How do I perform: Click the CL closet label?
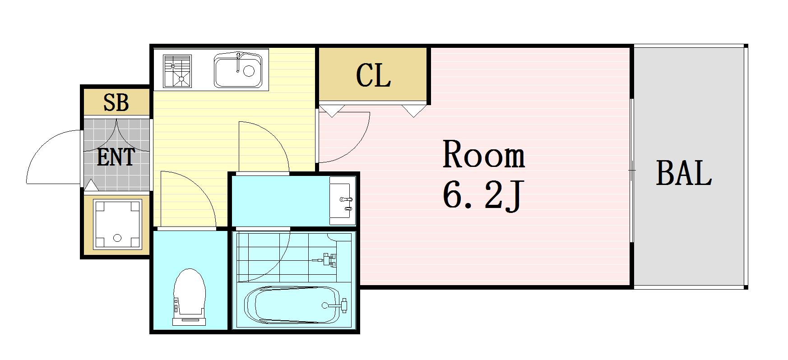373,75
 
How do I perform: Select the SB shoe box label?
116,102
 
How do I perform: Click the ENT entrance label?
116,157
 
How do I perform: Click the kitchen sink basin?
238,70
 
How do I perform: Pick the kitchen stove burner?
177,71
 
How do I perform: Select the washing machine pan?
117,224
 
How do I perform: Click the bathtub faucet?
336,305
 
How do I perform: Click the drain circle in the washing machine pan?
117,238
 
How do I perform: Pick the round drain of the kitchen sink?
249,70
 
